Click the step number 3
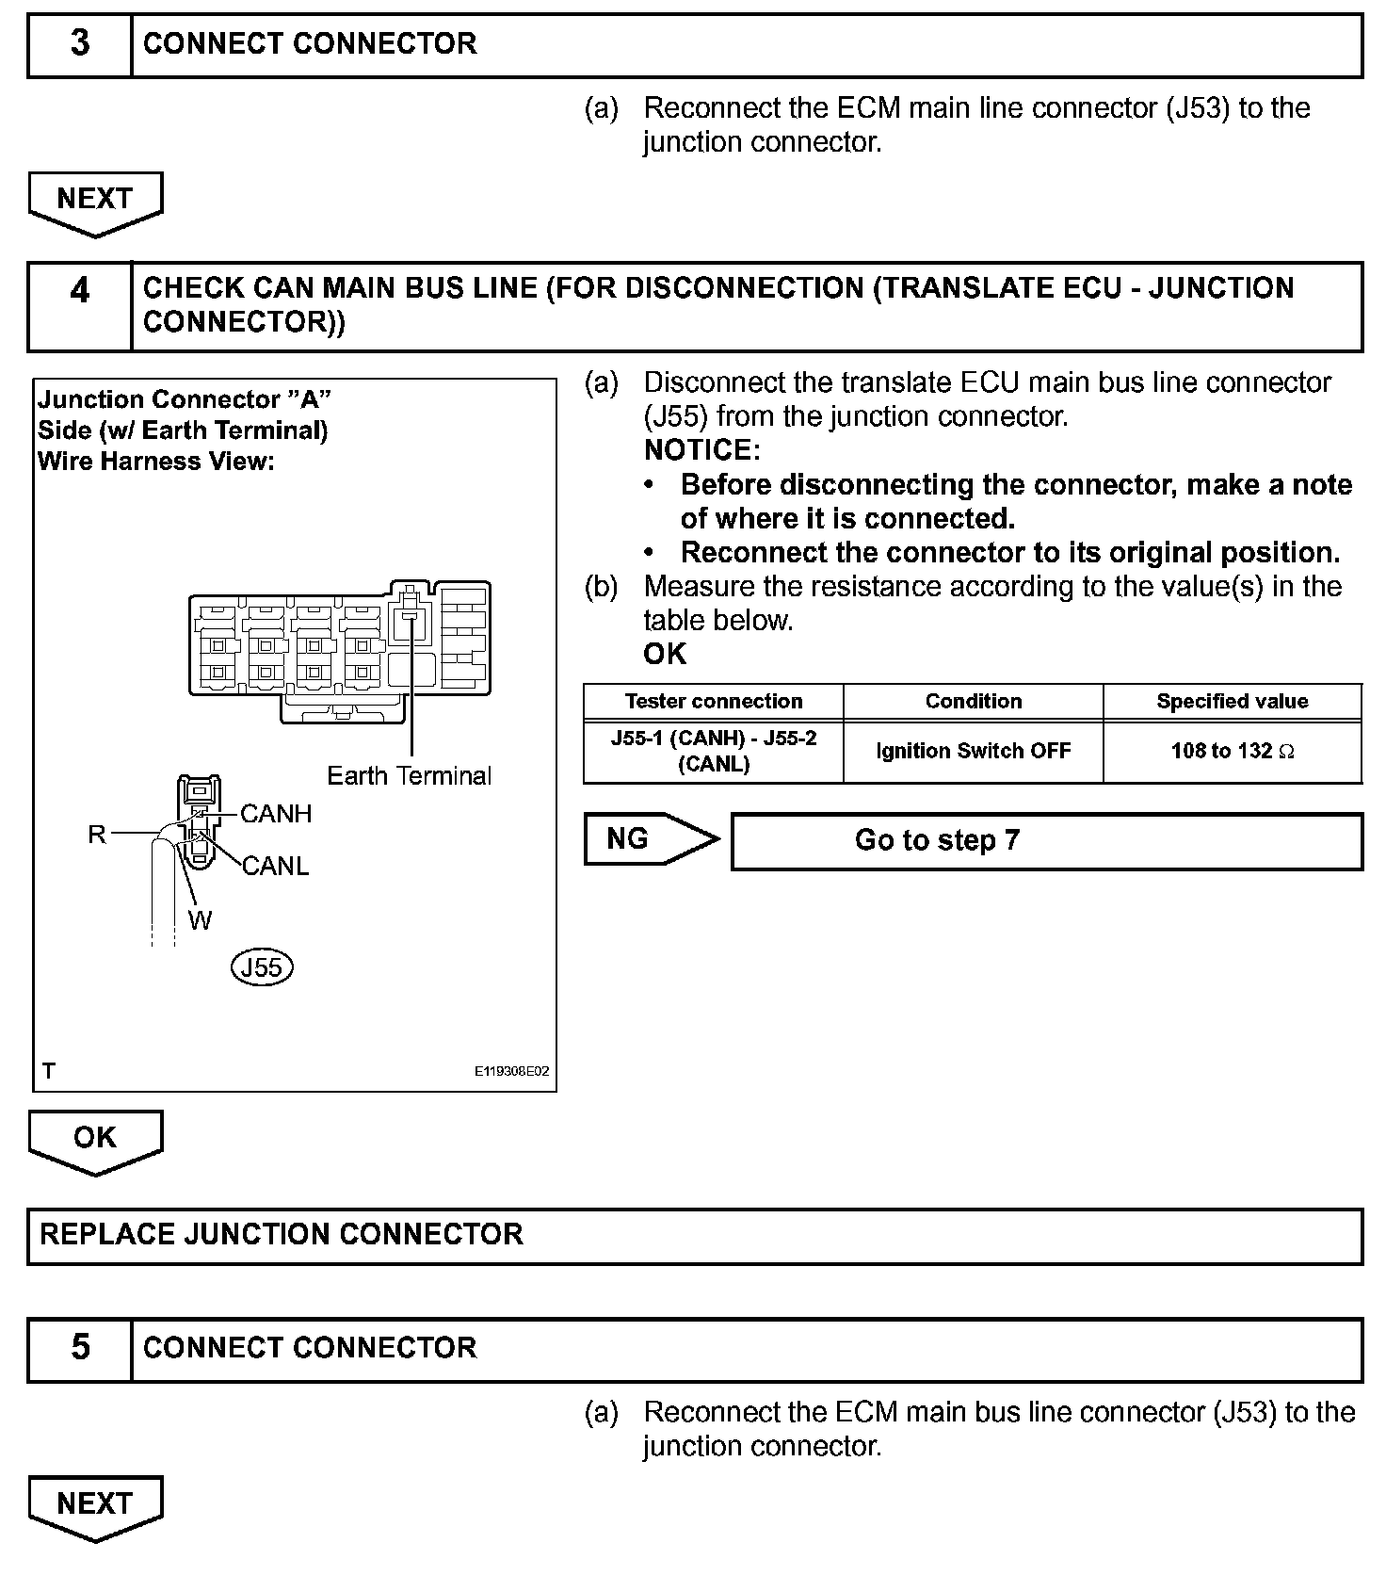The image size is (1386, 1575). pyautogui.click(x=80, y=44)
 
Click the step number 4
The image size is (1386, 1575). pyautogui.click(x=80, y=290)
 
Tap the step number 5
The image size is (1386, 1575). pyautogui.click(x=80, y=1348)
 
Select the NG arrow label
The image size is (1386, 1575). pyautogui.click(x=629, y=838)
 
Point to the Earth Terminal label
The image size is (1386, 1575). pyautogui.click(x=409, y=776)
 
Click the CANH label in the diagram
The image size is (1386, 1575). pyautogui.click(x=276, y=814)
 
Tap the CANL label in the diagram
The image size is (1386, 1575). pyautogui.click(x=276, y=866)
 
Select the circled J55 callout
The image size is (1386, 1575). pyautogui.click(x=262, y=967)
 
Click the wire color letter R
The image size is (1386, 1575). pyautogui.click(x=97, y=835)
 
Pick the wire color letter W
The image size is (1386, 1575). pyautogui.click(x=200, y=920)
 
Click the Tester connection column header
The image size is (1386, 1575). pyautogui.click(x=714, y=702)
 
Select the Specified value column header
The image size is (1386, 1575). pyautogui.click(x=1232, y=702)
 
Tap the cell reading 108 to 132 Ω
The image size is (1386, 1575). pyautogui.click(x=1232, y=752)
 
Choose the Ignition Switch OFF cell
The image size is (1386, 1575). pyautogui.click(x=973, y=752)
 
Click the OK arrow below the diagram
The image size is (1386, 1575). pyautogui.click(x=95, y=1138)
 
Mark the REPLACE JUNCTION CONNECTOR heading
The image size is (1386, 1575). pyautogui.click(x=282, y=1235)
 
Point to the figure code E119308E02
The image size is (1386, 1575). pyautogui.click(x=511, y=1072)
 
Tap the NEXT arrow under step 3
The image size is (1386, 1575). pyautogui.click(x=95, y=200)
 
